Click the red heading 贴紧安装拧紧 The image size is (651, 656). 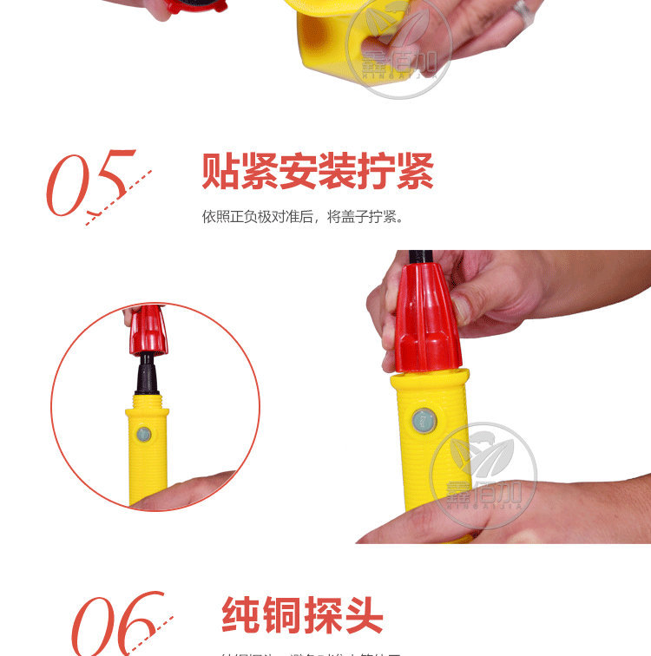[318, 171]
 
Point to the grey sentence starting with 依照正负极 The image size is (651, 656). [303, 216]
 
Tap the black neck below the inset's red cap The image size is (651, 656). [148, 375]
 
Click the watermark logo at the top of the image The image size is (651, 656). [399, 48]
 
